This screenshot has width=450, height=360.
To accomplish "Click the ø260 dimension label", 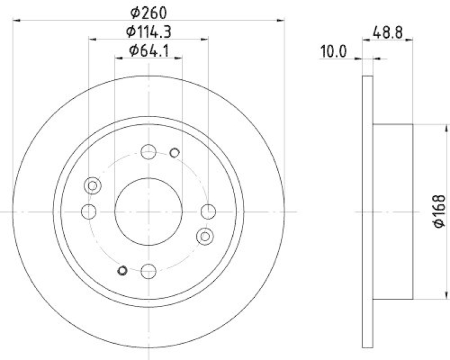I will pyautogui.click(x=149, y=12).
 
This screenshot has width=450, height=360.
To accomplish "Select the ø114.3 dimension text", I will pyautogui.click(x=149, y=32).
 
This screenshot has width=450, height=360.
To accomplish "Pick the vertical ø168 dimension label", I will pyautogui.click(x=439, y=211).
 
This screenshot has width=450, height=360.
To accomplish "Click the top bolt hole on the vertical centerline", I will pyautogui.click(x=148, y=151).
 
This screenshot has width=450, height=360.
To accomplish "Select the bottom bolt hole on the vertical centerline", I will pyautogui.click(x=148, y=271).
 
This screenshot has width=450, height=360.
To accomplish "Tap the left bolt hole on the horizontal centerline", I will pyautogui.click(x=89, y=211).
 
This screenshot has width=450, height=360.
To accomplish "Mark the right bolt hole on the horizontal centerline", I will pyautogui.click(x=208, y=211).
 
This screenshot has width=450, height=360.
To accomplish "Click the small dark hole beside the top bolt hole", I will pyautogui.click(x=174, y=152).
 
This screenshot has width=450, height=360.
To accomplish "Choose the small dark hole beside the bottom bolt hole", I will pyautogui.click(x=122, y=271).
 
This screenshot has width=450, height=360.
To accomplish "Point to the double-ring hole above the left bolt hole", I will pyautogui.click(x=92, y=186).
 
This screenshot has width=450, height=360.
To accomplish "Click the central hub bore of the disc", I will pyautogui.click(x=148, y=211).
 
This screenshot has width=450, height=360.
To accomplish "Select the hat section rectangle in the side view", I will pyautogui.click(x=393, y=211).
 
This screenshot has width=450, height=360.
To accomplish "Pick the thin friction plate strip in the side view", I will pyautogui.click(x=367, y=211).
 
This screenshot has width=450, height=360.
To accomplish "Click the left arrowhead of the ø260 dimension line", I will pyautogui.click(x=16, y=20).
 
